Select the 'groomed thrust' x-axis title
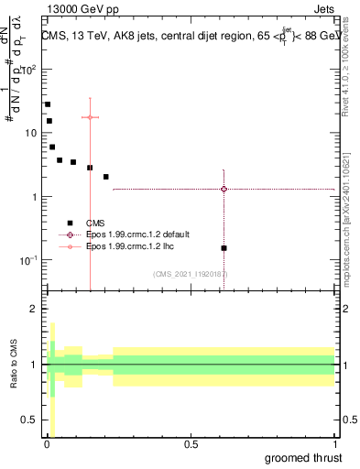[x=304, y=456]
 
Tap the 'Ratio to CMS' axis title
[x=14, y=364]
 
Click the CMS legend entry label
[x=95, y=223]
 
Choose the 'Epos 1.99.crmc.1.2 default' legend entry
[x=137, y=234]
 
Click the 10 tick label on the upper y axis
[x=30, y=133]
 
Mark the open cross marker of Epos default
[x=224, y=189]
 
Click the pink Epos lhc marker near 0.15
[x=90, y=117]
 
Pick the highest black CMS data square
[x=48, y=104]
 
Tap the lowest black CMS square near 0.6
[x=224, y=248]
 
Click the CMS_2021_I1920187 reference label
[x=191, y=274]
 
